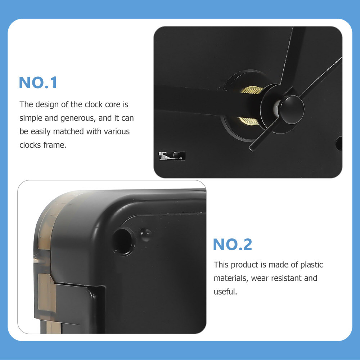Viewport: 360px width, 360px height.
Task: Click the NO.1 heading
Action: point(38,82)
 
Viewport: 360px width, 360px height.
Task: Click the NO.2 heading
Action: point(232,244)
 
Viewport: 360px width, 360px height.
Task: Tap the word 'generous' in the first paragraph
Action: point(76,118)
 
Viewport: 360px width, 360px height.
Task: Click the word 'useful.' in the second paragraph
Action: point(225,292)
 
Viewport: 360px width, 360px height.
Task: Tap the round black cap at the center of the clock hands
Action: point(292,109)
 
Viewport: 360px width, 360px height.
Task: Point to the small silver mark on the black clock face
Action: point(172,156)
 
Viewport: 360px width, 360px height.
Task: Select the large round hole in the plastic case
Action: point(123,240)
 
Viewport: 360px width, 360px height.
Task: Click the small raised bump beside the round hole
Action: point(145,234)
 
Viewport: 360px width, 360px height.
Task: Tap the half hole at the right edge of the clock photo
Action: point(339,143)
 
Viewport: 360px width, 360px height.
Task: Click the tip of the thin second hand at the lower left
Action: point(252,148)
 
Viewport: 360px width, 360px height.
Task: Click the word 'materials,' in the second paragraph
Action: point(230,278)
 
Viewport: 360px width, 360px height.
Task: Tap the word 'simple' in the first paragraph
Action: point(31,118)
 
